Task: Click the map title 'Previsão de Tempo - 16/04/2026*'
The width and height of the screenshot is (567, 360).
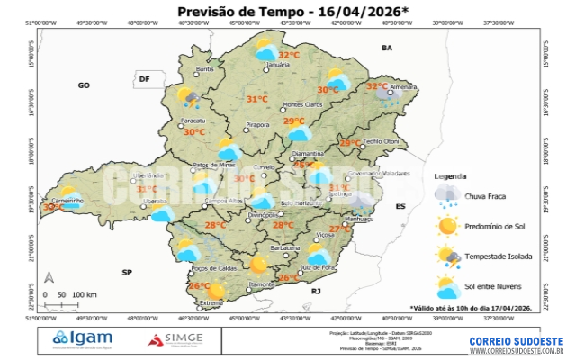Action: pos(280,12)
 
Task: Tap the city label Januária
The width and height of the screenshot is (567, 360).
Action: pos(278,66)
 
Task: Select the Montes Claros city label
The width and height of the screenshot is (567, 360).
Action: pos(302,105)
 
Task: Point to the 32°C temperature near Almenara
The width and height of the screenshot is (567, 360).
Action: pos(376,86)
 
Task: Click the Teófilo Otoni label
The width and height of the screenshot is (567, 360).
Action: pos(382,141)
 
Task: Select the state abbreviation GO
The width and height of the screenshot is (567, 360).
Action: pos(84,85)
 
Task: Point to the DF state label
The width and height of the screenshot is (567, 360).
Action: pos(142,80)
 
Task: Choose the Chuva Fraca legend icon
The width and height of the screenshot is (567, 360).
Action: pos(447,193)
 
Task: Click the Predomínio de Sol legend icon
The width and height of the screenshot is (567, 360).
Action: pos(447,225)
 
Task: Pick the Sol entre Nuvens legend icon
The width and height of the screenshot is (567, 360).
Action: pos(447,288)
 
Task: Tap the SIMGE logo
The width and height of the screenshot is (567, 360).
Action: pos(175,340)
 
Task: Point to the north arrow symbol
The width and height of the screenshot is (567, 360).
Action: pos(49,277)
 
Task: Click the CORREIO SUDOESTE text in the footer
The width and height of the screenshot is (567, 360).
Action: pos(516,341)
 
